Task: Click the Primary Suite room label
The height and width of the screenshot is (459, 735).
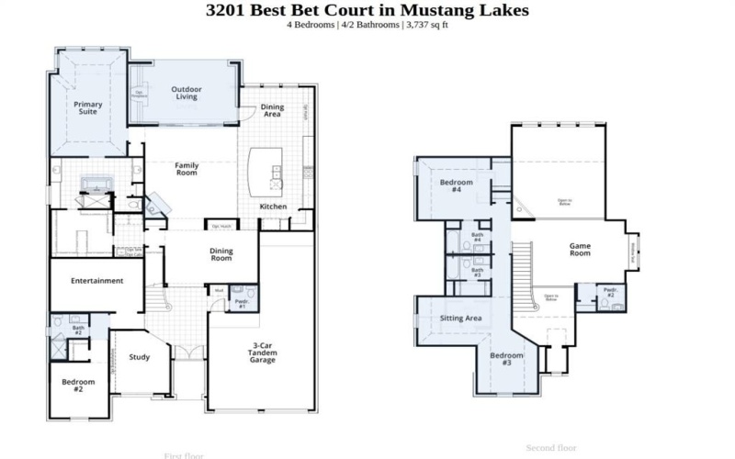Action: coord(88,109)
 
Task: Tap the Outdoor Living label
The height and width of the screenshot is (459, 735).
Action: coord(187,94)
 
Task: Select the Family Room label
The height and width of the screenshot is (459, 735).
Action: coord(187,169)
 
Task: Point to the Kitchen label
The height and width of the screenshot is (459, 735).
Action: coord(273,207)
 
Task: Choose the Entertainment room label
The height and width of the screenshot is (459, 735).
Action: coord(96,281)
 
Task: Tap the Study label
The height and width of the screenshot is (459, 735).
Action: coord(140,358)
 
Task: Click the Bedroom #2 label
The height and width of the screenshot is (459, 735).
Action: coord(79,386)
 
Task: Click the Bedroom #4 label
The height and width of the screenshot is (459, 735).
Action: coord(457,186)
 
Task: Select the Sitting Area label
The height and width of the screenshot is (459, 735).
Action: coord(460,319)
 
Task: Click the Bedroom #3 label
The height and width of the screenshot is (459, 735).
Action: coord(506,359)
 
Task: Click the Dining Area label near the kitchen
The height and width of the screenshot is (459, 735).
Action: coord(272,111)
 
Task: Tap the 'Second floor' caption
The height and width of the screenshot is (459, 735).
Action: coord(550,448)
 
